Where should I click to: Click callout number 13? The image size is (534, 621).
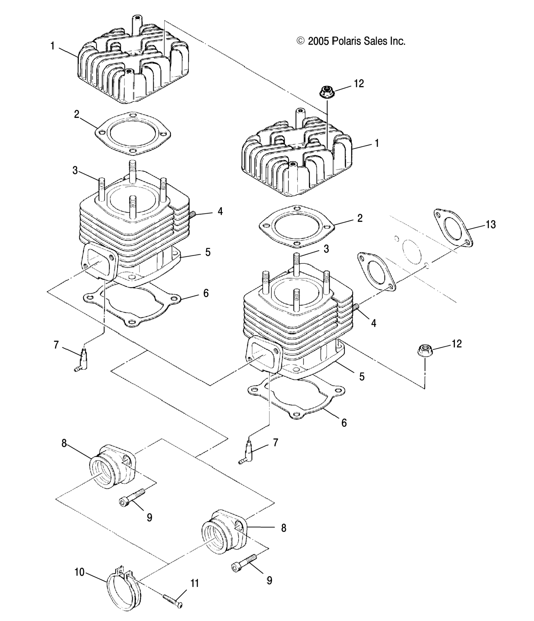490,224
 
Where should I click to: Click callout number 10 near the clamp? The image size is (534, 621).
80,572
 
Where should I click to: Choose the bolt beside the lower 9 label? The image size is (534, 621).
244,563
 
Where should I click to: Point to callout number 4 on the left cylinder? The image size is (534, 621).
220,211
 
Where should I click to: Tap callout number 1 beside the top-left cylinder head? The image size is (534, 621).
53,46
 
